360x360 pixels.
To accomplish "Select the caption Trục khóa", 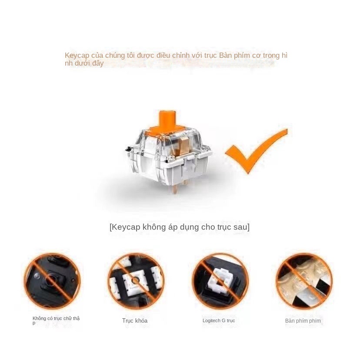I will (135, 321).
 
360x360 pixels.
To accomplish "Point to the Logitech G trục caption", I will (219, 321).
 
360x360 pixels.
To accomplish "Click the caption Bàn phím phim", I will (303, 321).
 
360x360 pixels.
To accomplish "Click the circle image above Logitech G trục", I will (220, 281).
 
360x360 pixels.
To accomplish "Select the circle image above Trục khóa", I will (136, 281).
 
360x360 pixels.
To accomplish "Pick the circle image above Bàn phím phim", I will (304, 281).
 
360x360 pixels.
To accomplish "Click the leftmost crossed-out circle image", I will (52, 281).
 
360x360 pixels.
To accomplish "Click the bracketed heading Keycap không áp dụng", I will (179, 227).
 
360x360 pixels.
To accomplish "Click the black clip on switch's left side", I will (129, 149).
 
